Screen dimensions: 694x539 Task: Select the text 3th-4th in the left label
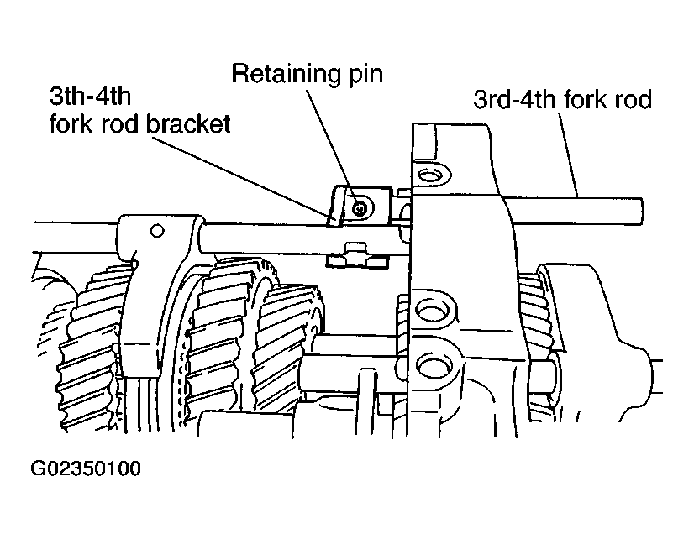coord(90,96)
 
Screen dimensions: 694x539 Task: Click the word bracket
coord(188,123)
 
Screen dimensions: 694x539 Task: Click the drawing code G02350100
coord(86,468)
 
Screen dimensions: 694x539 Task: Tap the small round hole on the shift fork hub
coord(157,230)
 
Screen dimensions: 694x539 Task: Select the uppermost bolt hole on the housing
coord(428,175)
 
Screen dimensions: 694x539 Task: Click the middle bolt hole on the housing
coord(430,311)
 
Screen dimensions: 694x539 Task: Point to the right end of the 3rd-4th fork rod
coord(641,212)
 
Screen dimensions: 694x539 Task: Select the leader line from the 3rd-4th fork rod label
coord(568,154)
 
